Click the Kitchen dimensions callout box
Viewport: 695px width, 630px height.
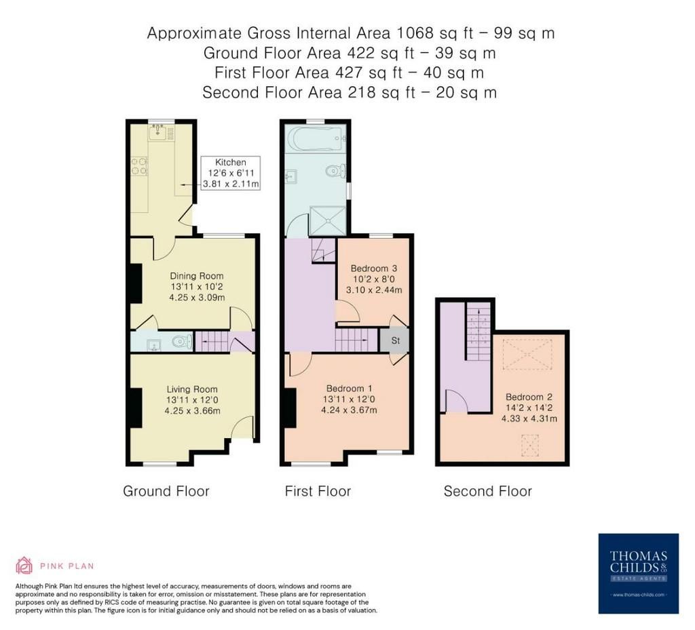point(231,173)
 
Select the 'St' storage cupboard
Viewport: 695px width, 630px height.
point(395,340)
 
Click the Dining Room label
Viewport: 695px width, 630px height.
point(197,276)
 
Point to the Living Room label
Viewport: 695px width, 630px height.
point(192,389)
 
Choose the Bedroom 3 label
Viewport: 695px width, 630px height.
point(374,269)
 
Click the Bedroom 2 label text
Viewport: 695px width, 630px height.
point(529,397)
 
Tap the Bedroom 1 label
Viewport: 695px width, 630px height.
point(349,389)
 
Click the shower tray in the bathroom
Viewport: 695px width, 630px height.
point(328,220)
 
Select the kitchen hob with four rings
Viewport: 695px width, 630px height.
point(139,165)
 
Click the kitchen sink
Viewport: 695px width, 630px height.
point(157,132)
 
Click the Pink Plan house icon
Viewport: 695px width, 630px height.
point(24,566)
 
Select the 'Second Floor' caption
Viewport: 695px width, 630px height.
point(487,491)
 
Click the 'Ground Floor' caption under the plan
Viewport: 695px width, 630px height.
point(166,491)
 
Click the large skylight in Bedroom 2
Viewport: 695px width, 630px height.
point(527,354)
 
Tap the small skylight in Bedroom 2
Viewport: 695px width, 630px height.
point(529,445)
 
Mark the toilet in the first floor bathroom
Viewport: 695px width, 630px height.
point(335,171)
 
